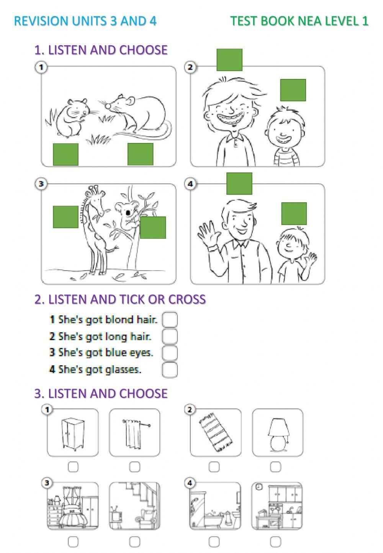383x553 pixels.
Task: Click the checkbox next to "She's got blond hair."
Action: [170, 320]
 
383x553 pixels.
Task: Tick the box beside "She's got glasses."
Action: [170, 370]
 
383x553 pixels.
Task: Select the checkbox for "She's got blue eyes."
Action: [170, 353]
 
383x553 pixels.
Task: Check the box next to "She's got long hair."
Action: [170, 336]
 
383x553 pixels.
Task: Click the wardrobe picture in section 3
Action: [73, 432]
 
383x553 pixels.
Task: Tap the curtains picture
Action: [134, 432]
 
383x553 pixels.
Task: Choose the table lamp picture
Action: [277, 432]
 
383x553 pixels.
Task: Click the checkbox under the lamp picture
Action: [275, 467]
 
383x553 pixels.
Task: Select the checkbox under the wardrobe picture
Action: [73, 467]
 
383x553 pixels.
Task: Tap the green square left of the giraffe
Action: [65, 217]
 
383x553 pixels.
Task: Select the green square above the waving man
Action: [239, 184]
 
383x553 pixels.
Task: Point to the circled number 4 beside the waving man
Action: [190, 184]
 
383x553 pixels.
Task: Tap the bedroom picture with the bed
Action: [73, 506]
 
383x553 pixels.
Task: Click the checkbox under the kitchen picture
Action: [275, 541]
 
